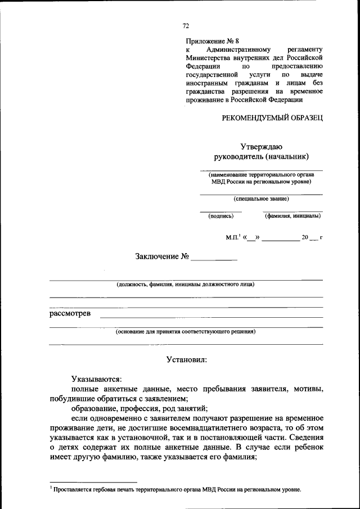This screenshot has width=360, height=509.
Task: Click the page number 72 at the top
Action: click(186, 26)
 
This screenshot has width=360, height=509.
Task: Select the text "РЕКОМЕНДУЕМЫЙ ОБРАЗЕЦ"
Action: click(272, 117)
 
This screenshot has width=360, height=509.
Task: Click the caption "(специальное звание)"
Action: click(262, 199)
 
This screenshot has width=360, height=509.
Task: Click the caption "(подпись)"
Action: click(220, 215)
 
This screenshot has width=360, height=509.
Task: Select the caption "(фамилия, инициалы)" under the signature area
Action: click(293, 215)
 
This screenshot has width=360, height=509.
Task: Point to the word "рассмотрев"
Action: click(70, 313)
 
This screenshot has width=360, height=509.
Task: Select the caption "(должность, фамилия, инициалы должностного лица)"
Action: click(186, 284)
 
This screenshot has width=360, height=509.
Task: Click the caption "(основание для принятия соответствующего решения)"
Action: click(186, 331)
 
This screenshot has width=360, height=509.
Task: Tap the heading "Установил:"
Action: click(186, 359)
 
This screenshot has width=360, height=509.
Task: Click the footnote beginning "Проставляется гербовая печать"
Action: click(177, 489)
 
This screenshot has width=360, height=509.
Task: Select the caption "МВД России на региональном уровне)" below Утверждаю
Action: click(262, 182)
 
